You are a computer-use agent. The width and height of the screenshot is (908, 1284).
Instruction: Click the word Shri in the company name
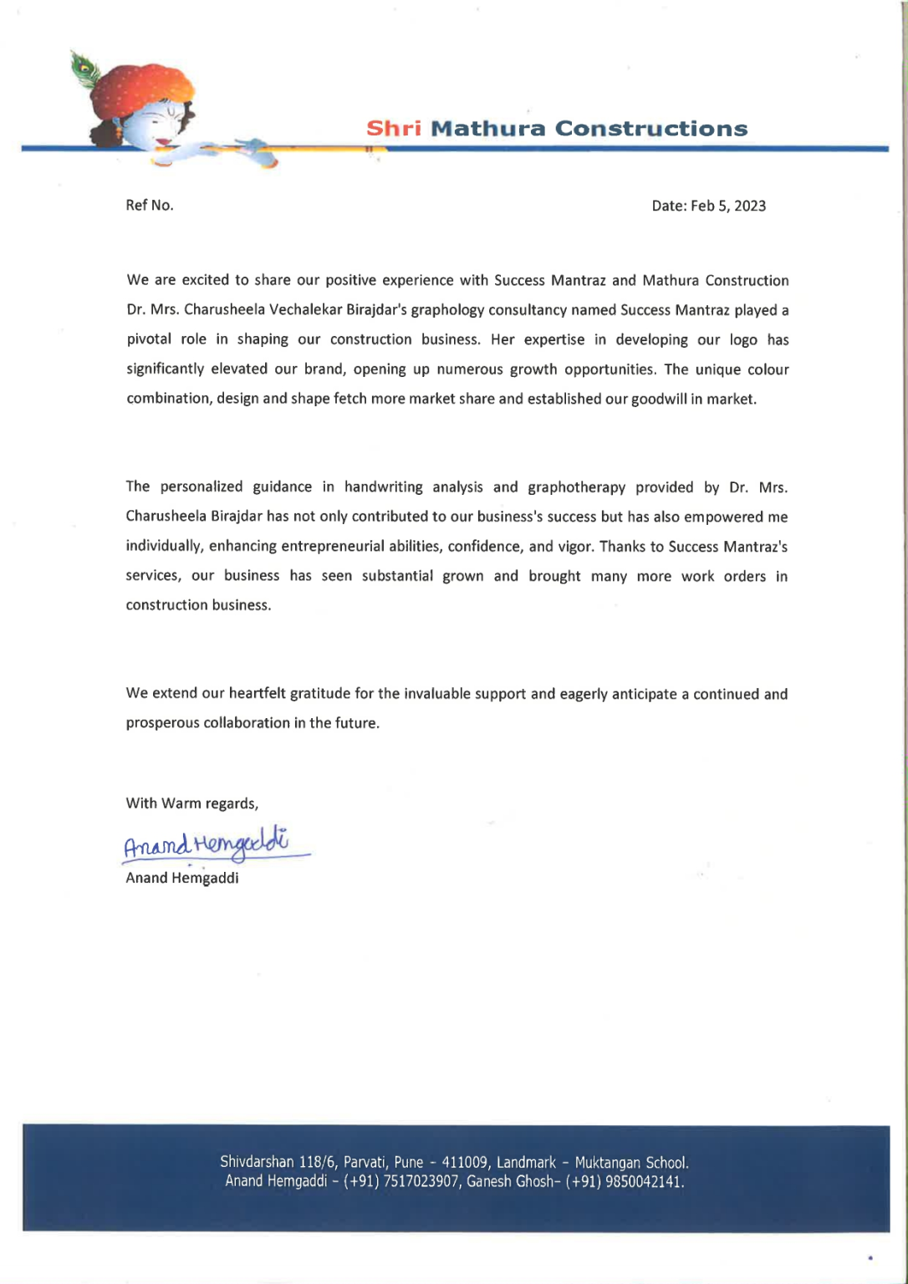click(393, 129)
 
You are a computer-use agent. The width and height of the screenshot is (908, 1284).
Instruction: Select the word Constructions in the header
click(651, 129)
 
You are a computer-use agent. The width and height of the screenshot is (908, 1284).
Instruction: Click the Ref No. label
click(150, 206)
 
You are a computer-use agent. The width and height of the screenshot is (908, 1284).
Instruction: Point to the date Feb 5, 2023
click(727, 206)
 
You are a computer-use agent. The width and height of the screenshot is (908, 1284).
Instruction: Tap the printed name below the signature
click(182, 878)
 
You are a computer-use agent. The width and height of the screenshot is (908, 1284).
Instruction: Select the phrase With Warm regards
click(191, 803)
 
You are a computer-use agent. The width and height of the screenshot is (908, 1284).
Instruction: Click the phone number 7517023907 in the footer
click(421, 1182)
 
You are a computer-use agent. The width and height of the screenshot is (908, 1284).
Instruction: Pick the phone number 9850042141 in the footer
click(640, 1182)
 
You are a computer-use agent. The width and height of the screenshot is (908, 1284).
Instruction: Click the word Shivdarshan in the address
click(257, 1163)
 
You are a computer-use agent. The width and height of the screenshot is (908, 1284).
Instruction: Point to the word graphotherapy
click(576, 487)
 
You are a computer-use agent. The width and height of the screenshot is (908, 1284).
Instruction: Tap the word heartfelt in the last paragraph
click(258, 694)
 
